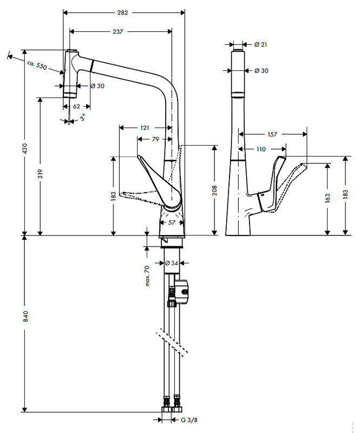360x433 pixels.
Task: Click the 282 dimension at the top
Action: coord(125,11)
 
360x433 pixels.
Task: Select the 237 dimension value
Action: coord(118,31)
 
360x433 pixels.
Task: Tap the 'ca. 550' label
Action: coord(37,65)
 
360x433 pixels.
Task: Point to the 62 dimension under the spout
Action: coord(76,107)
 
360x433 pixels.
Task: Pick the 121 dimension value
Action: coord(145,128)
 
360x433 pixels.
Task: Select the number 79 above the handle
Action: coord(155,140)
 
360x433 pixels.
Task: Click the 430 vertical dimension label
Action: coord(24,148)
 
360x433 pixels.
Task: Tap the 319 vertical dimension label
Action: coord(41,174)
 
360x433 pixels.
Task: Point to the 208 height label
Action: coord(215,190)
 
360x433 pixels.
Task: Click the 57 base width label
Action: coord(172,222)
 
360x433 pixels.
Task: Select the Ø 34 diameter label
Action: coord(172,263)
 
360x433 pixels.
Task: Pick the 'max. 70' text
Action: coord(147,276)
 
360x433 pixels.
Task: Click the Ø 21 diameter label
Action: coord(260,44)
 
